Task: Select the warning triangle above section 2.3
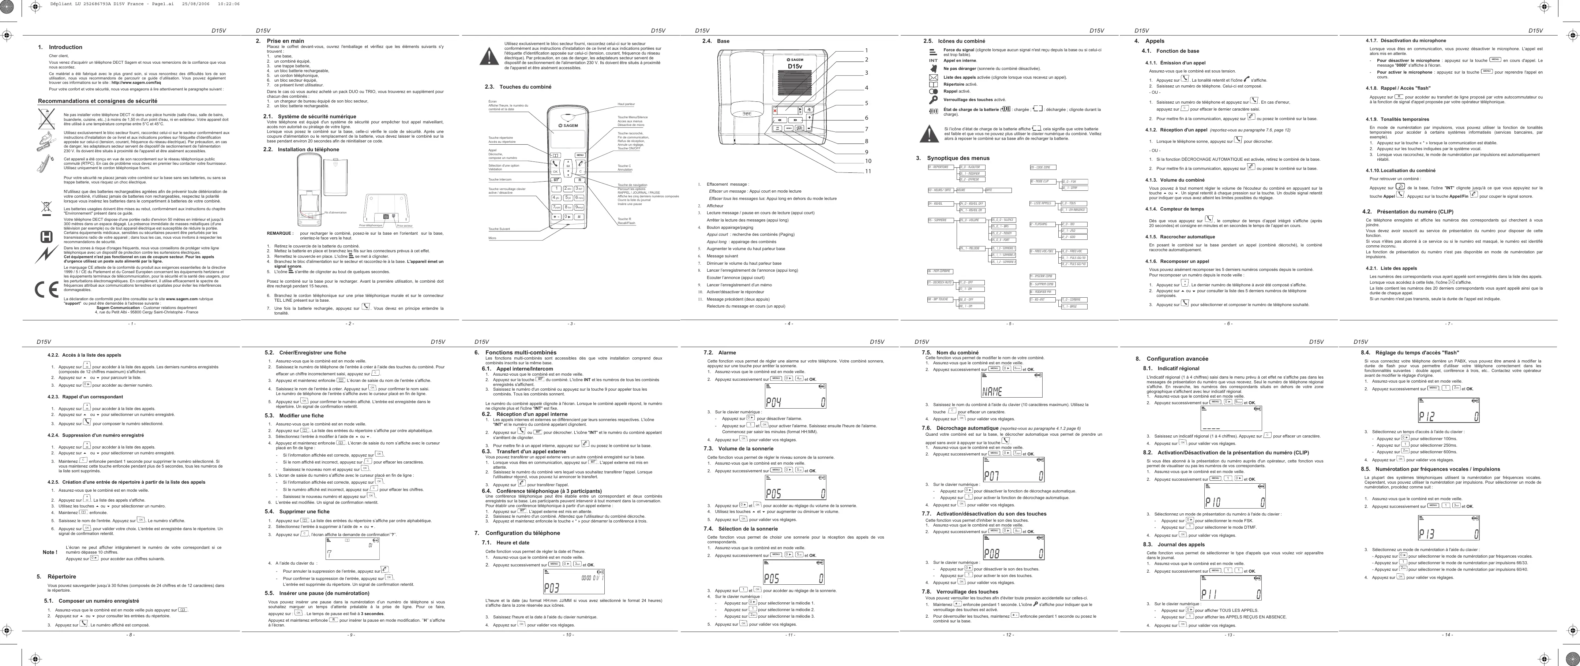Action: [489, 56]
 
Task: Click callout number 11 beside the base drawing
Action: [868, 171]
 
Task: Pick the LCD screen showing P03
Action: [574, 581]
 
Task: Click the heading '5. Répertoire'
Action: [56, 576]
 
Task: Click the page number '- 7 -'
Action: [1449, 324]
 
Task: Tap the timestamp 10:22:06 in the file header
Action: [228, 4]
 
